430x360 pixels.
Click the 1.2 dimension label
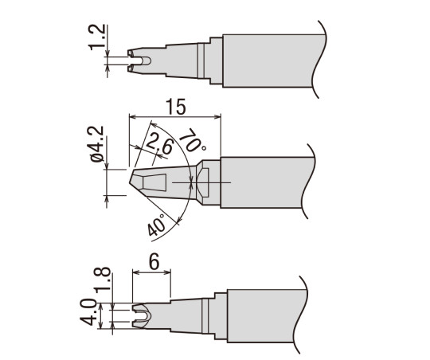[96, 37]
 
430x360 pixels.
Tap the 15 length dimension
[177, 107]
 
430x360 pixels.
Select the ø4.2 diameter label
[96, 144]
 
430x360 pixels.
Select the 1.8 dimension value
[102, 280]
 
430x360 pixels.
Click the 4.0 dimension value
[88, 312]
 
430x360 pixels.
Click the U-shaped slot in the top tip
[146, 61]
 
